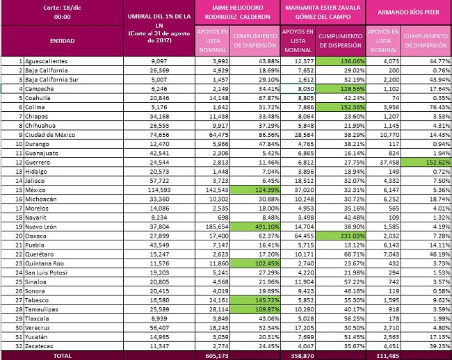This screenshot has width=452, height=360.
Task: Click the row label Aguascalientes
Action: click(46, 61)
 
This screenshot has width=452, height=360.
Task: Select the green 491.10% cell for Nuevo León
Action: click(255, 227)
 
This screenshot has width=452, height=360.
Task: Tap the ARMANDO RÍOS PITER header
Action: click(408, 12)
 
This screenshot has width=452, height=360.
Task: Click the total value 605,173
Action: click(217, 356)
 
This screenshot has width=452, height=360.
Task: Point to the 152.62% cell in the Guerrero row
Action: click(426, 163)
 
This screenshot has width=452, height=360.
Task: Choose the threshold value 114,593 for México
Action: click(159, 190)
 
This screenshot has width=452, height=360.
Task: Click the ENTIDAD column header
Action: click(63, 41)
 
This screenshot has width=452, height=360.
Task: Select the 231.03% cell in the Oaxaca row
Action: click(340, 236)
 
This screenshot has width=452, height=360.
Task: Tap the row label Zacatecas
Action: click(39, 346)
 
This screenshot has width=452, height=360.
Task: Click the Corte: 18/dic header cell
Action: click(63, 12)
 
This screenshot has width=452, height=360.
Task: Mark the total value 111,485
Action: click(387, 356)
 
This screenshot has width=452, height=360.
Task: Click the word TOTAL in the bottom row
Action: click(63, 356)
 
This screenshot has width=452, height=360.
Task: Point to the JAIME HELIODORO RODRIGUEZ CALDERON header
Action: click(238, 12)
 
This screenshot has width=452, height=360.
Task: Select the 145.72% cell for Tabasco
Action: click(255, 300)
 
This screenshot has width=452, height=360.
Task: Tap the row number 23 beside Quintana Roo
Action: click(19, 263)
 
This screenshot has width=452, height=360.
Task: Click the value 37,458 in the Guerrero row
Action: click(389, 163)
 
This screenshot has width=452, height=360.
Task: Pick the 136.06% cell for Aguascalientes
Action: click(340, 61)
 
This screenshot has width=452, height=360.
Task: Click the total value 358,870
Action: click(302, 356)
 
